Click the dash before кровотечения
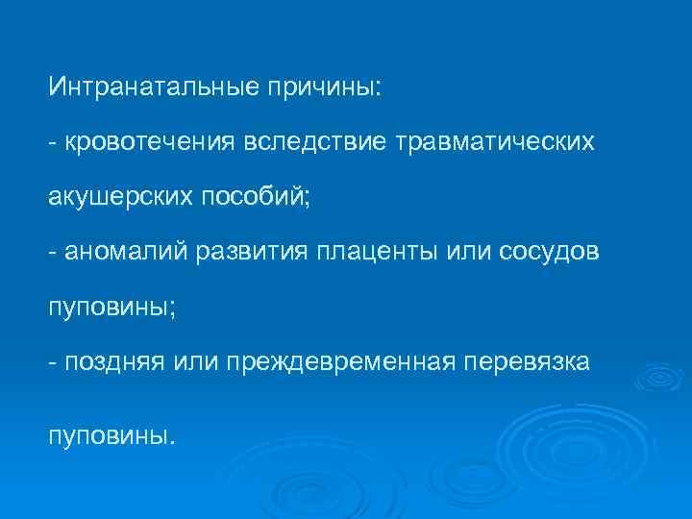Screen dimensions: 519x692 point(54,143)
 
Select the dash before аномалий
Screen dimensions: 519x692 point(54,253)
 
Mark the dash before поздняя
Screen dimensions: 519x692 point(54,362)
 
